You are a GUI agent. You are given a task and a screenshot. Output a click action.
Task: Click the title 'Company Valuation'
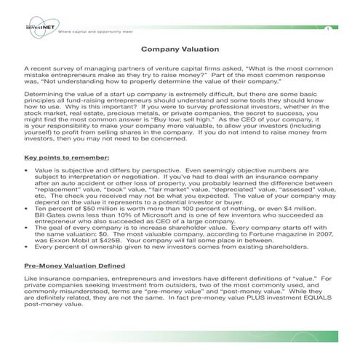(180, 49)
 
